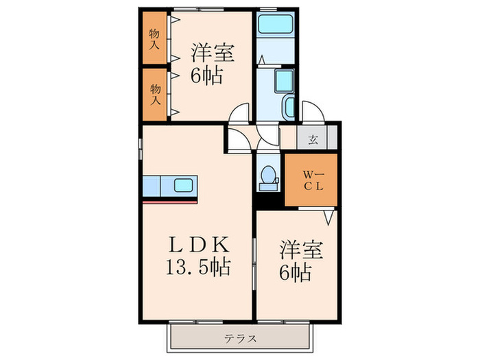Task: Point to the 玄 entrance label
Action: point(313,140)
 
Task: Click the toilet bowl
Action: point(267,176)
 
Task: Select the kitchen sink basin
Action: point(184,185)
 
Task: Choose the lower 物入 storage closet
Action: point(155,94)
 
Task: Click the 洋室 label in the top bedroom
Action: point(212,52)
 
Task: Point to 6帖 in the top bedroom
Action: point(206,75)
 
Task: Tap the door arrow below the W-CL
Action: point(328,218)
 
